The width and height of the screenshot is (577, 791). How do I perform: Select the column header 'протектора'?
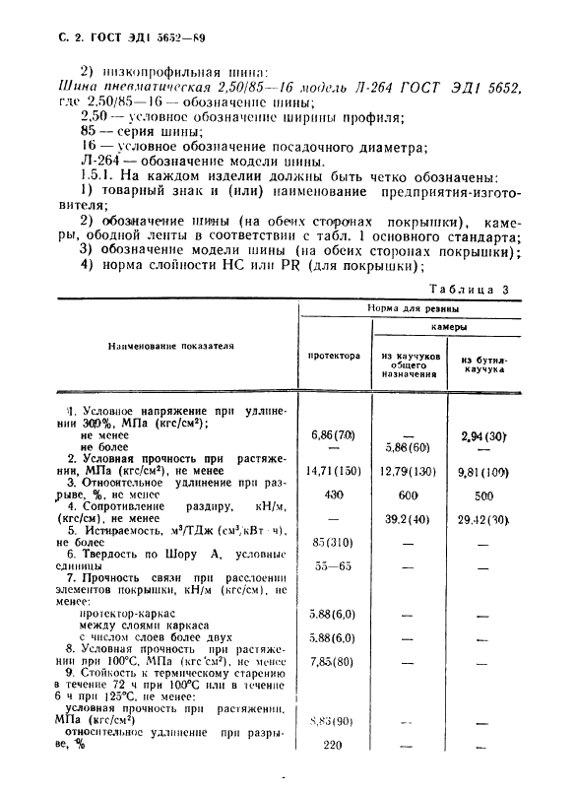click(x=334, y=356)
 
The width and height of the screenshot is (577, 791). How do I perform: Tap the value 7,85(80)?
click(x=334, y=662)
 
